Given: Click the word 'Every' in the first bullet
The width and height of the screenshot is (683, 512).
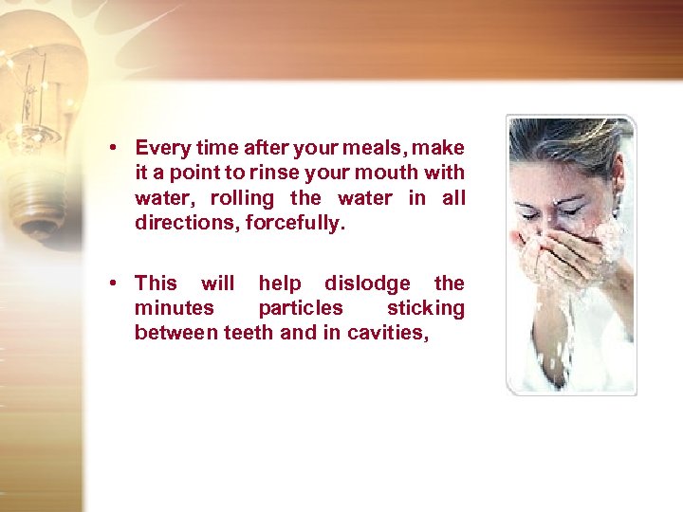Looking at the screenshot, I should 161,148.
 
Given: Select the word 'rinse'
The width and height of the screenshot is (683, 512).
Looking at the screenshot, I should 267,173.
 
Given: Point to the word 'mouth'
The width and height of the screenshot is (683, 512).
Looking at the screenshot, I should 391,173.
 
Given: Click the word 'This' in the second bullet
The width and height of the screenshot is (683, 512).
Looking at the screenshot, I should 157,283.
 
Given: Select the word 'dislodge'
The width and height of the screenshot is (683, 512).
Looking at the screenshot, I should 368,283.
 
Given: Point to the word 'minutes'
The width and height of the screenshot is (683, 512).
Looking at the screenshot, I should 175,307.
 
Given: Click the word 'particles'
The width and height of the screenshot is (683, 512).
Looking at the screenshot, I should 301,307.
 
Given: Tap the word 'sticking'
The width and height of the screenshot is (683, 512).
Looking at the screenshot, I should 426,307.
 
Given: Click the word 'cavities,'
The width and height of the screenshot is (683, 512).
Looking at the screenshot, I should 390,332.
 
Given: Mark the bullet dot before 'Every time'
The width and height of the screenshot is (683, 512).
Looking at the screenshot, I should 113,148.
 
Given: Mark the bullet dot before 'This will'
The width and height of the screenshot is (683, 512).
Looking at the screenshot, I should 113,283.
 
